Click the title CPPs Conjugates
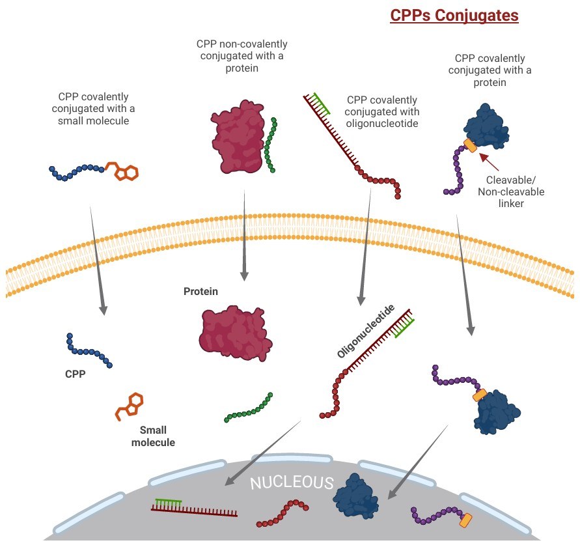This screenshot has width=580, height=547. pyautogui.click(x=454, y=15)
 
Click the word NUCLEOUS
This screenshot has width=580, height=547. pyautogui.click(x=292, y=483)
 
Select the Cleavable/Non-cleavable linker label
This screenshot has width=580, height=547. pyautogui.click(x=510, y=191)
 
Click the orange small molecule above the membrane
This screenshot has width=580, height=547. pyautogui.click(x=123, y=171)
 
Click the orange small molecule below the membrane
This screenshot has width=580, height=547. pyautogui.click(x=129, y=406)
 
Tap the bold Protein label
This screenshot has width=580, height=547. pyautogui.click(x=200, y=292)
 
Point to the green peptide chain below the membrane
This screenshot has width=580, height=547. pyautogui.click(x=248, y=408)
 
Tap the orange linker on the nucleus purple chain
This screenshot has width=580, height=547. pyautogui.click(x=465, y=520)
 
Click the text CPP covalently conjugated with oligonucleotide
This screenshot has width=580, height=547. pyautogui.click(x=382, y=111)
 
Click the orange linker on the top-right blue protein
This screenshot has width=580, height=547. pyautogui.click(x=470, y=146)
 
